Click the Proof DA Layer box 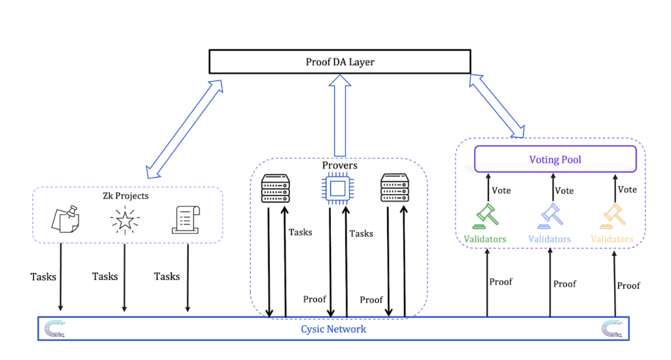pos(340,62)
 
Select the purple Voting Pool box pos(555,159)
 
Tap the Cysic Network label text pos(333,329)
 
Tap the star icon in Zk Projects pos(124,220)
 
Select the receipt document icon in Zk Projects pos(186,220)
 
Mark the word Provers pos(340,165)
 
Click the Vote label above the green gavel pos(501,190)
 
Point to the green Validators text pos(485,239)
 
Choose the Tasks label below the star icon pos(105,276)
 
